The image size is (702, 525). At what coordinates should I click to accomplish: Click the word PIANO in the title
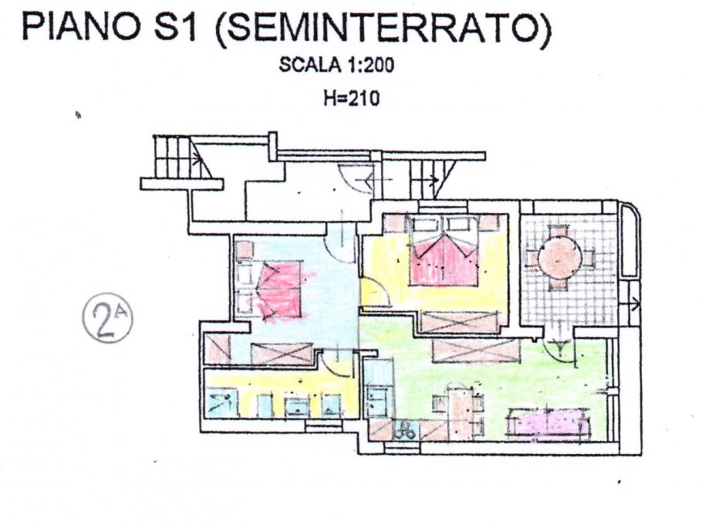[80, 28]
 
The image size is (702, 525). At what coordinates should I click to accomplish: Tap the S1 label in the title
[176, 28]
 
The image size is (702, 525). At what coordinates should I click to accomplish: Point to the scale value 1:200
[370, 66]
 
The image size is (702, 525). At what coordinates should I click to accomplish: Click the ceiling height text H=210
[352, 98]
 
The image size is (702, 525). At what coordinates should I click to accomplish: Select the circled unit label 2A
[107, 317]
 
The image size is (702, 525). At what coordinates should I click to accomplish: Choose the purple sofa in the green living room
[548, 422]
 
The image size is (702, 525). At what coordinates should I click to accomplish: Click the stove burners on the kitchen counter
[405, 430]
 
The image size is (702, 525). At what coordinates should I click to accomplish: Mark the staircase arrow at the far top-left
[196, 157]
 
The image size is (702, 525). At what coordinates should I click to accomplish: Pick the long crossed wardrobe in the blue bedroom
[282, 354]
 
